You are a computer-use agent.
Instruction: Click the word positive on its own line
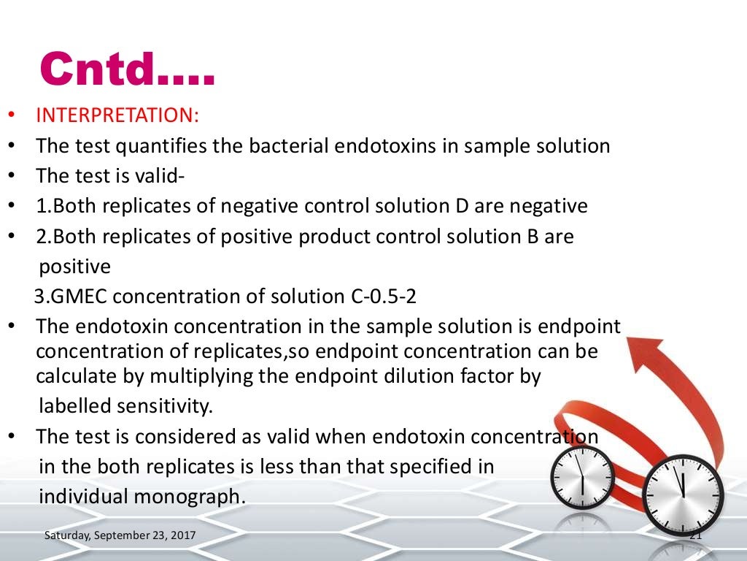pos(74,267)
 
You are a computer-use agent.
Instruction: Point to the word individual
pos(82,495)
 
